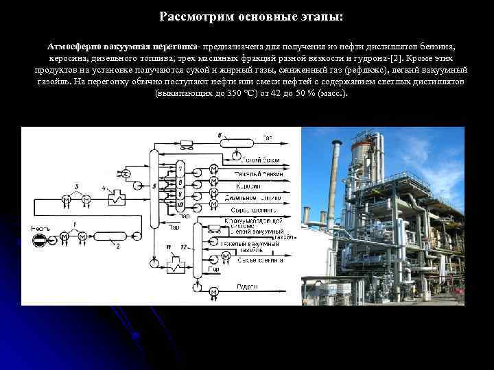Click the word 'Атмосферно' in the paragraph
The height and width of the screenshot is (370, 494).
tap(75, 46)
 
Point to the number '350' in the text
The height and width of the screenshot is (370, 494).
tap(235, 92)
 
